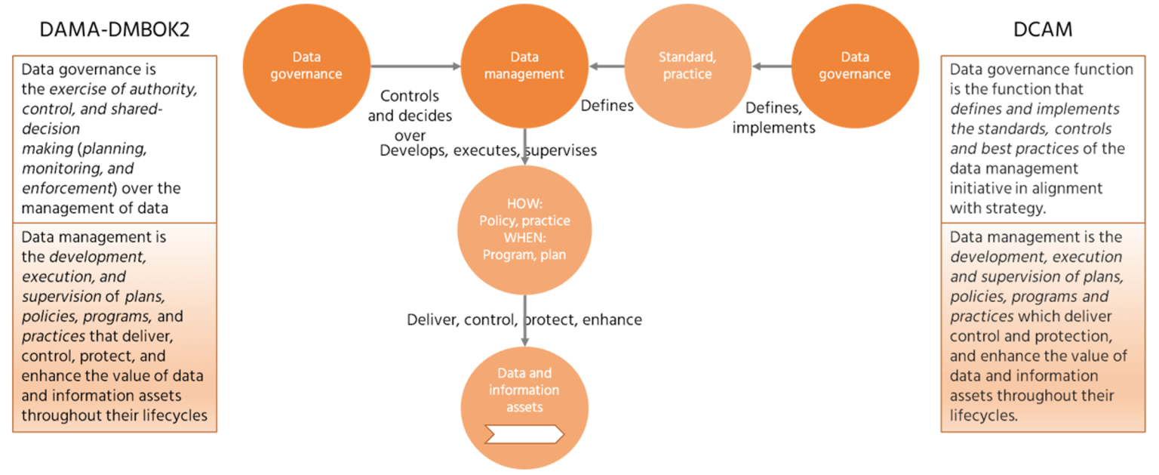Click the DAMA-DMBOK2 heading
[114, 29]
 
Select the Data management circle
[524, 66]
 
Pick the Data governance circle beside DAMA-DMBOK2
[306, 66]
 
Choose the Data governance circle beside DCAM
[854, 66]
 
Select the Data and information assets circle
[524, 408]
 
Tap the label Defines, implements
[773, 118]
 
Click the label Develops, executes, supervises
[488, 150]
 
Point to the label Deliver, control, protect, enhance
[524, 319]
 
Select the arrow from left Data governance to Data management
[415, 66]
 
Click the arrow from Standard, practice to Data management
[607, 66]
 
